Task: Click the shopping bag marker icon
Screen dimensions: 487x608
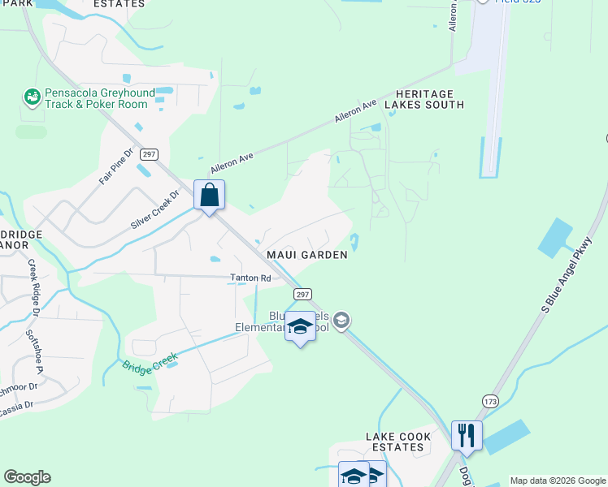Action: (x=209, y=196)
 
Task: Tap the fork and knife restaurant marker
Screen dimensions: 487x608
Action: (x=467, y=435)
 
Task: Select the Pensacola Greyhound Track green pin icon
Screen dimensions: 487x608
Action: (x=33, y=97)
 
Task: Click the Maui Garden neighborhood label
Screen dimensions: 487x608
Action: (x=308, y=255)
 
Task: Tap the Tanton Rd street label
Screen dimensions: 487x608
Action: (x=250, y=278)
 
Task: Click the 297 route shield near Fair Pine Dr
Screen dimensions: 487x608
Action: (x=148, y=153)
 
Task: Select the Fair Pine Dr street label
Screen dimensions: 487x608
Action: (x=116, y=166)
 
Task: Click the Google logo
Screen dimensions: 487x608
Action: (x=27, y=477)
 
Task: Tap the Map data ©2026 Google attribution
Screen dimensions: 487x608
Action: (x=558, y=481)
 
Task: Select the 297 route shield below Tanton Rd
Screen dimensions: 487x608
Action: (x=302, y=294)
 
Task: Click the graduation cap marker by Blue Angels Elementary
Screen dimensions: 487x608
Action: (x=300, y=326)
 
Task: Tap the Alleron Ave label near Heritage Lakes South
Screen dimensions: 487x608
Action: (x=355, y=112)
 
